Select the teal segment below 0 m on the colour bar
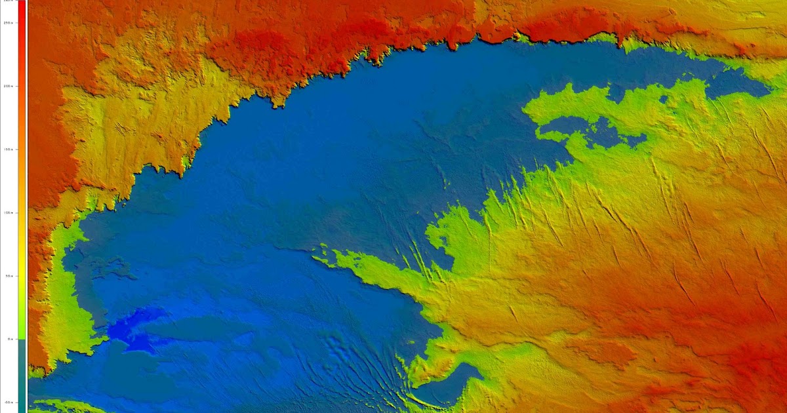tap(22, 374)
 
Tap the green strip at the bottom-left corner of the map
tap(59, 406)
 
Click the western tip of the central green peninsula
tap(315, 259)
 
